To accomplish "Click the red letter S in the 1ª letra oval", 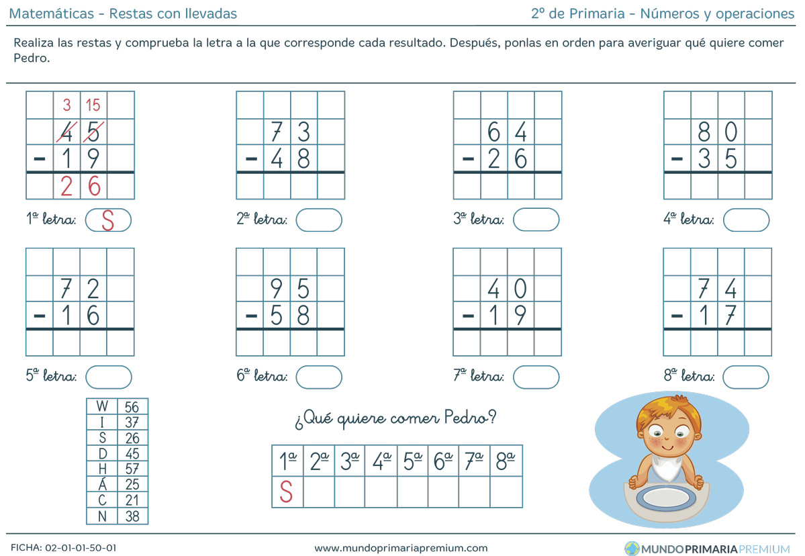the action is pos(108,220).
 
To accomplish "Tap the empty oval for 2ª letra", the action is pos(319,220).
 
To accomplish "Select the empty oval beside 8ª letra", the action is pos(745,377).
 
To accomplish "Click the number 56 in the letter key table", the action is pos(132,407).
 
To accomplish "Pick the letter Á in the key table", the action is pos(103,483).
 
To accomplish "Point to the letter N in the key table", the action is pos(102,516).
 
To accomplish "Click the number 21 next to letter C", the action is pos(132,500).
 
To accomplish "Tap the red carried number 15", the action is pos(93,105).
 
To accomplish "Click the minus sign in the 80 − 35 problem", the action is pos(677,158).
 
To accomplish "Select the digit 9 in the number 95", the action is pos(276,289).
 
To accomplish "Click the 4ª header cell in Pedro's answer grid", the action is pos(381,461).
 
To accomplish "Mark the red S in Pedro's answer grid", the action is pos(286,491).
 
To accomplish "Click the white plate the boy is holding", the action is pos(667,498).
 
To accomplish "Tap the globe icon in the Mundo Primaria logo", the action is pos(632,549).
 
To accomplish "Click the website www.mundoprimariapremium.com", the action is pos(401,549).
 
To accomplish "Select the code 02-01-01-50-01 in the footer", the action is pos(81,548).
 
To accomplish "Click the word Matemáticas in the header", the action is pos(51,13).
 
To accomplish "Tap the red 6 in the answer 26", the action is pos(94,186).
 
